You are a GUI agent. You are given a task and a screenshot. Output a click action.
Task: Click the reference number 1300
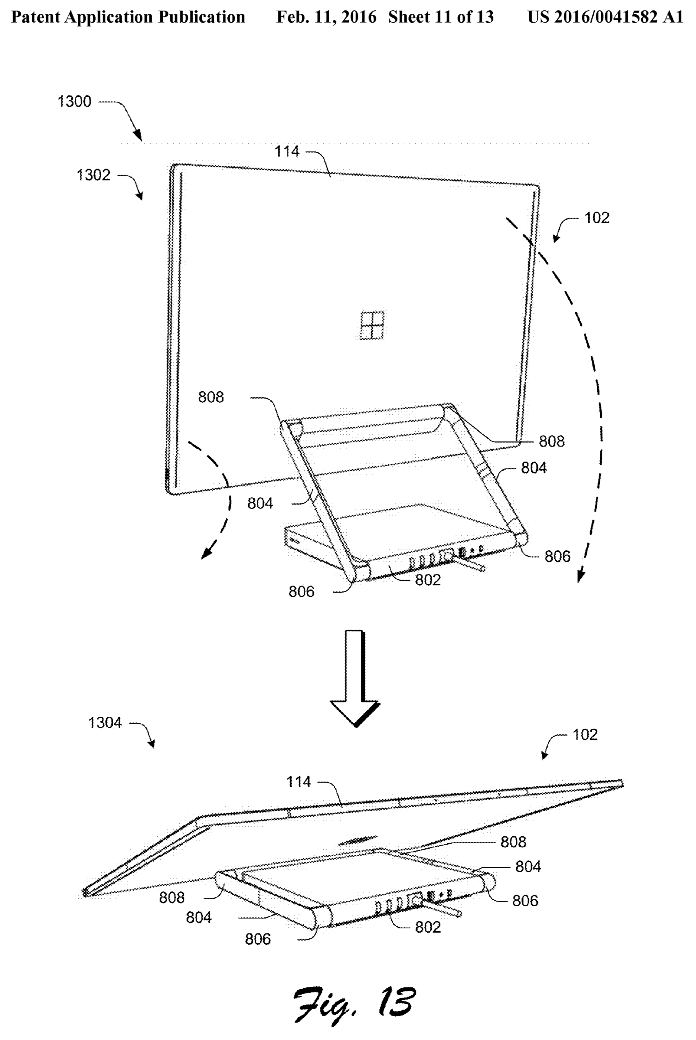click(x=74, y=102)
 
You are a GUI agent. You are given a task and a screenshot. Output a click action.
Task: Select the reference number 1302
click(x=93, y=175)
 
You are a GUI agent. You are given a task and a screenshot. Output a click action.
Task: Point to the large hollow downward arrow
click(x=355, y=678)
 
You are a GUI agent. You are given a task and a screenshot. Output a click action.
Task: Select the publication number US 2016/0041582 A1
click(x=605, y=17)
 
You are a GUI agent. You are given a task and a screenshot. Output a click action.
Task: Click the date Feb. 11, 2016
click(x=326, y=17)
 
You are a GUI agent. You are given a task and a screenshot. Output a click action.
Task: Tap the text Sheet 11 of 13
click(x=441, y=17)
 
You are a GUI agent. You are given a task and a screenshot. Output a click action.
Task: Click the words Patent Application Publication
click(x=128, y=17)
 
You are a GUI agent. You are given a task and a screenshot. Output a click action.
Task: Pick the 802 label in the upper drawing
click(x=428, y=580)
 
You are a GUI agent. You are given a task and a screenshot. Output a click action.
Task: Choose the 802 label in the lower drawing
click(x=428, y=927)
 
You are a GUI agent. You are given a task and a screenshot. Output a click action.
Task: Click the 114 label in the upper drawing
click(x=287, y=151)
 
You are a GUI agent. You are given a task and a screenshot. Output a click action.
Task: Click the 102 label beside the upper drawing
click(x=597, y=217)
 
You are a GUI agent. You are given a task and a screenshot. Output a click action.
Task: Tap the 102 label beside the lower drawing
click(x=585, y=734)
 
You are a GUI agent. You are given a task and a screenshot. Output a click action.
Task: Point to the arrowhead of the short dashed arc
click(x=205, y=554)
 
